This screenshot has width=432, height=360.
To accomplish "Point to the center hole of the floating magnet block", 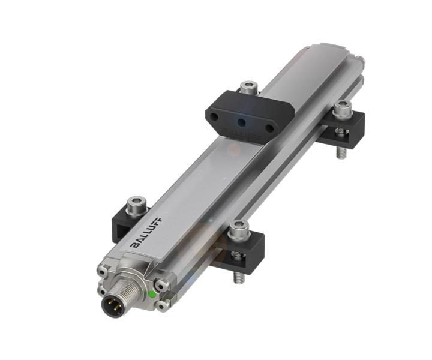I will tap(242, 122).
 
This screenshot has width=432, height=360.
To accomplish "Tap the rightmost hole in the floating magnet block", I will tap(269, 127).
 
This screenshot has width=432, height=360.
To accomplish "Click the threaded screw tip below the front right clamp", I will tap(238, 275).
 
